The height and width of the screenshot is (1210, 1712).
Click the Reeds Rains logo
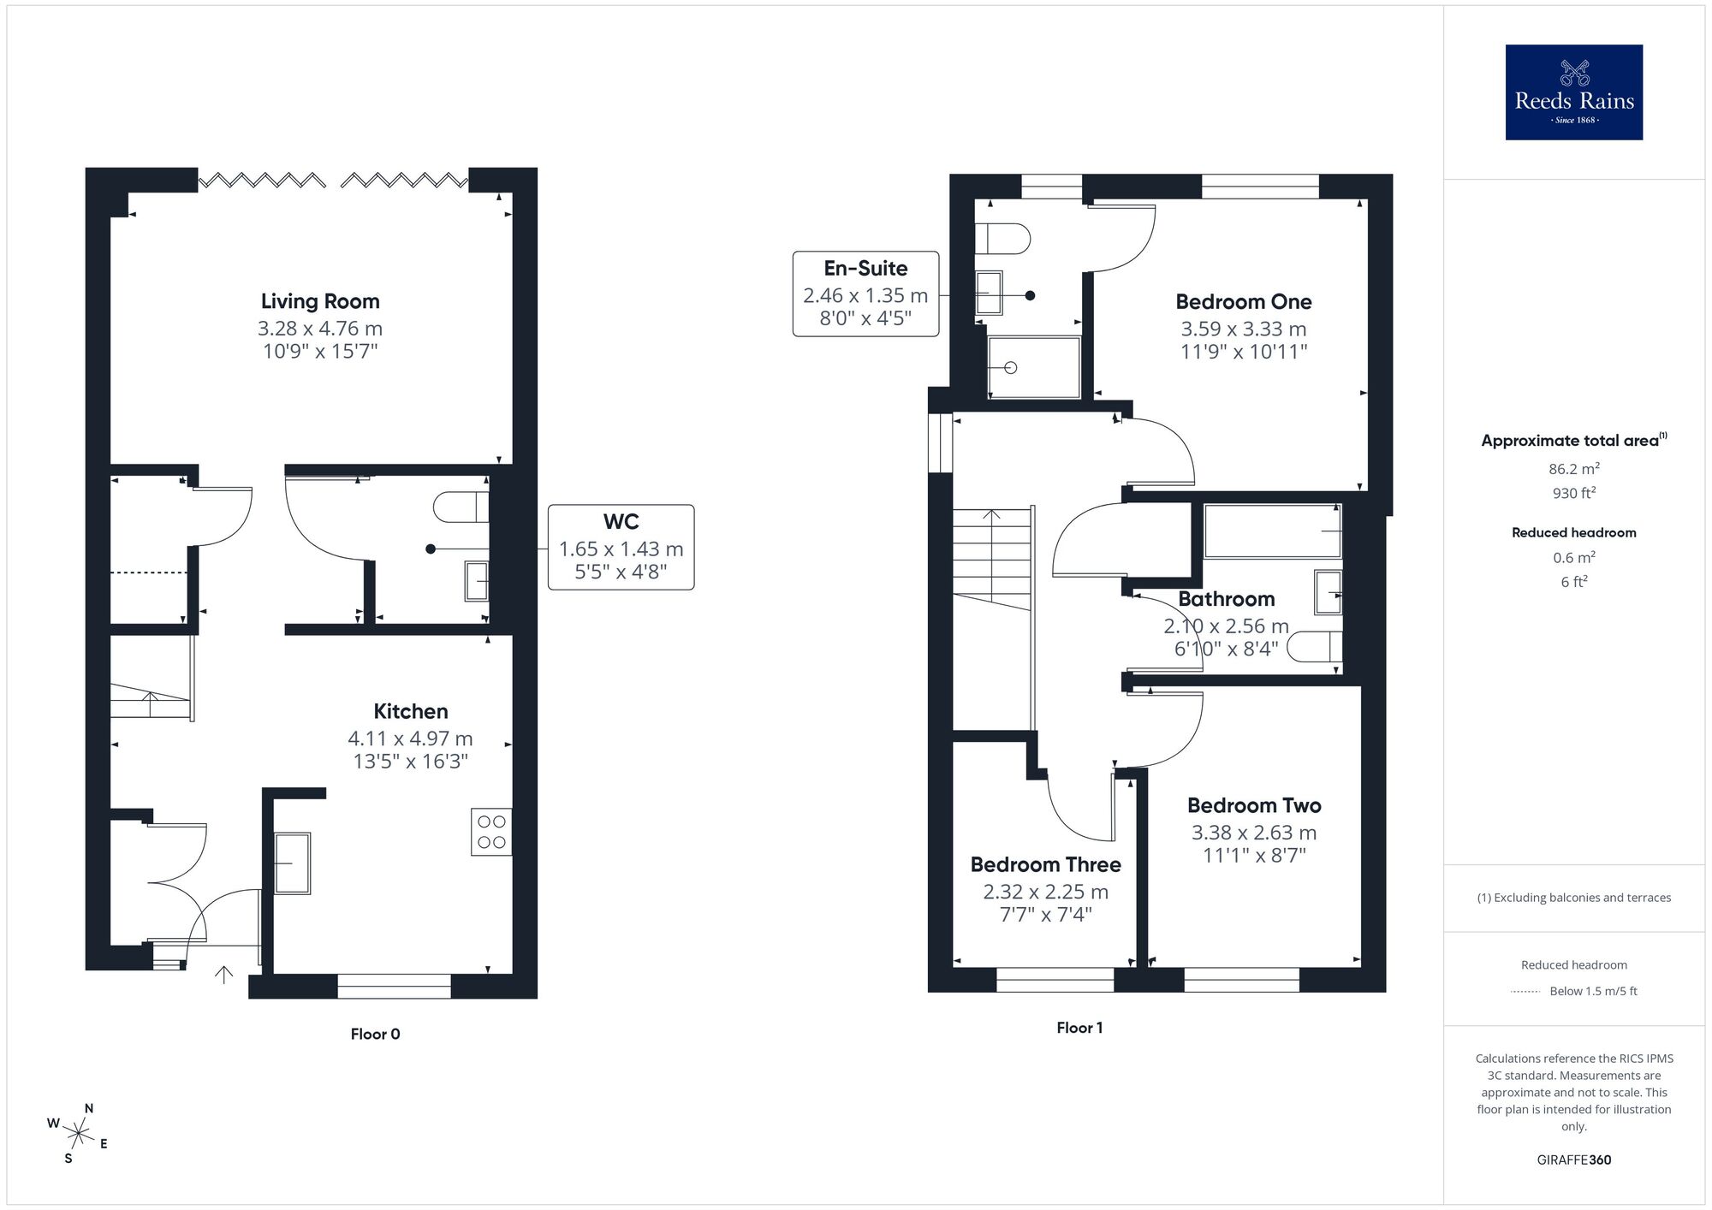[1573, 92]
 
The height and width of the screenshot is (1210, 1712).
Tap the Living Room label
[320, 301]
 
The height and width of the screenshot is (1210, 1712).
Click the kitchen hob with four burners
[491, 832]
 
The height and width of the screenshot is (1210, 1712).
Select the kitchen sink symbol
[292, 863]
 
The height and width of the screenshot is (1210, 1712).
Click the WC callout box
[621, 547]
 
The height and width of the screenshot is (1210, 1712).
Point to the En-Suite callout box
[865, 294]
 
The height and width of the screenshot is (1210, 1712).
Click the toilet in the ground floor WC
[460, 507]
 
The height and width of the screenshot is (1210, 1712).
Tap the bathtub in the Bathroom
[1272, 531]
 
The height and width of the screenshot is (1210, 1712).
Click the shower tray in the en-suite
[1034, 367]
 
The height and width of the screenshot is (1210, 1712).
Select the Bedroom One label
[1243, 302]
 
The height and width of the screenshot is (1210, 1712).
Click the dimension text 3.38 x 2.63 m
[1254, 833]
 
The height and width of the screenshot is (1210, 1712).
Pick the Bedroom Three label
[1045, 864]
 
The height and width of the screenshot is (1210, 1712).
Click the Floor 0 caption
[375, 1034]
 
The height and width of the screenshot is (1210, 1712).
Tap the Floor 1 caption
[1079, 1028]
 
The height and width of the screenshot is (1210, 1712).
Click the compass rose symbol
[79, 1136]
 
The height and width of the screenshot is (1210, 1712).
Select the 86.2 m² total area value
[1573, 469]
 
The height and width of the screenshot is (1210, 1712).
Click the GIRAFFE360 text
[1573, 1160]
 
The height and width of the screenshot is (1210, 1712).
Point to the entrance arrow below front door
[223, 974]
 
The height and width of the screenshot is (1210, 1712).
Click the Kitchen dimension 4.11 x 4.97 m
[410, 738]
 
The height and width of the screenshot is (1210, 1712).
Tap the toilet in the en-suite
[1005, 239]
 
